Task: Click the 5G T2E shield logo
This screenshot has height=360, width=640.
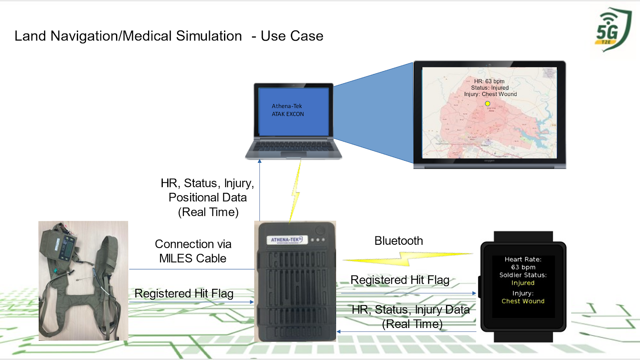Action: tap(612, 30)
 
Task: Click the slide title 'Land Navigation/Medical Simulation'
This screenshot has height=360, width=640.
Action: tap(128, 36)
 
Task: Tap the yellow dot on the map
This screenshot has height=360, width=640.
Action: tap(488, 104)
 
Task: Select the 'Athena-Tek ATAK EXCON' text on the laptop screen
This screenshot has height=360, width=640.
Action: tap(288, 110)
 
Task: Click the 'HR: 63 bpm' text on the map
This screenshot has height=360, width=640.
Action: tap(489, 81)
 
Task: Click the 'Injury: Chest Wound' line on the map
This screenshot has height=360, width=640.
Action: tap(490, 94)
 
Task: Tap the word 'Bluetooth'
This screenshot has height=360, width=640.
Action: tap(398, 241)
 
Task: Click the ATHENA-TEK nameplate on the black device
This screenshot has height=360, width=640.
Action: tap(286, 240)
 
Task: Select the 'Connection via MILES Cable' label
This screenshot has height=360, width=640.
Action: tap(193, 251)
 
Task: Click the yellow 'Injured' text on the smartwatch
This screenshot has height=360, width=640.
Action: tap(523, 283)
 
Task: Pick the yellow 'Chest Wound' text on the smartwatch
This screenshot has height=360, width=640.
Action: tap(523, 301)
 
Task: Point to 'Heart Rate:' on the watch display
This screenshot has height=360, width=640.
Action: tap(523, 259)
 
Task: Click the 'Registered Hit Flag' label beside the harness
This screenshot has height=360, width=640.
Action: tap(184, 294)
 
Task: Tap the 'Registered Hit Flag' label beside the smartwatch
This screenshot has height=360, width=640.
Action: tap(400, 280)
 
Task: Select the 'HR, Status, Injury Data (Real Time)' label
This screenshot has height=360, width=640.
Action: tap(411, 316)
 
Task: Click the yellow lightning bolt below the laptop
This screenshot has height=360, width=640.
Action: tap(296, 192)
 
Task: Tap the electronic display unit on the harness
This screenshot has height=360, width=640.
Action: tap(65, 247)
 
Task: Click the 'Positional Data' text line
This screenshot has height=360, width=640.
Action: tap(208, 198)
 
